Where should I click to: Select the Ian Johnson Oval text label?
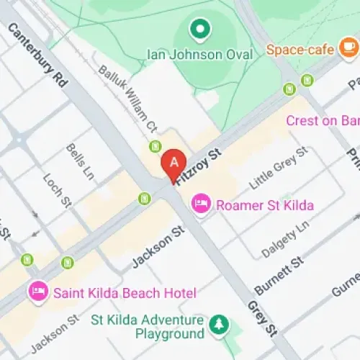200,55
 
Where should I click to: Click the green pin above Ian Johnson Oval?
199,30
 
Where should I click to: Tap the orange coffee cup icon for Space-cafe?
348,48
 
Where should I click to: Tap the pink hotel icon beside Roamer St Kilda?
202,205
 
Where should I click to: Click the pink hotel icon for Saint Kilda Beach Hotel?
37,292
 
